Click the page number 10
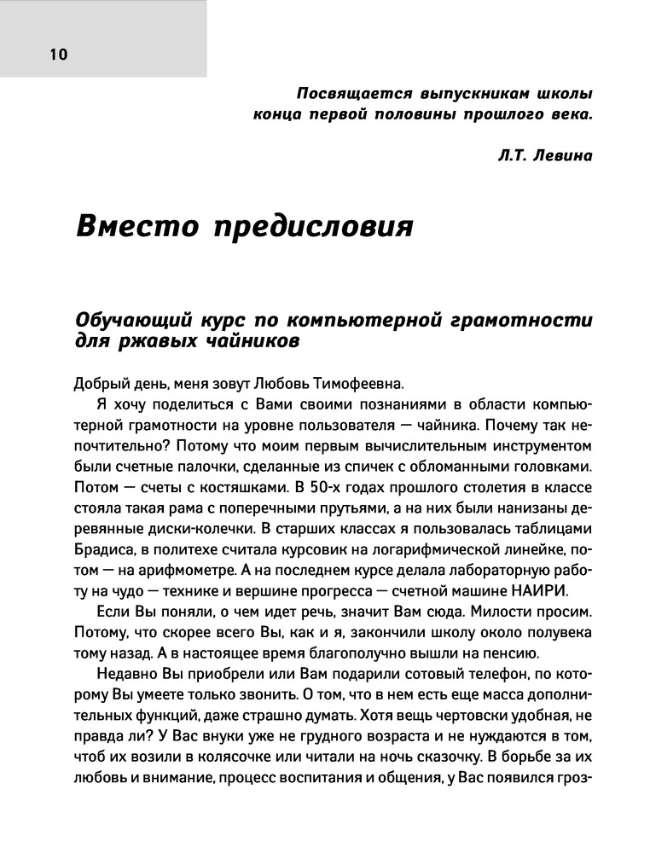tap(59, 55)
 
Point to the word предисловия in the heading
tap(312, 228)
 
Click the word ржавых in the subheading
tap(156, 341)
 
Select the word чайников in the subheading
tap(252, 341)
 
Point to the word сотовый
tap(374, 676)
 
